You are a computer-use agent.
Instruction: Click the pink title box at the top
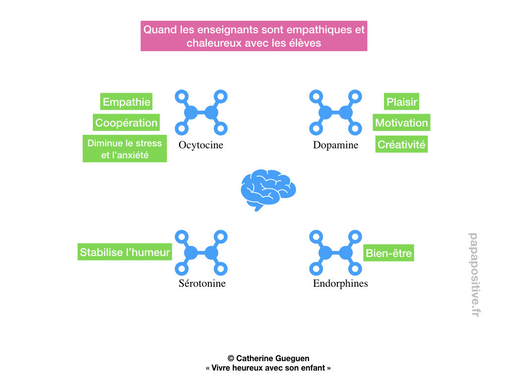[254, 36]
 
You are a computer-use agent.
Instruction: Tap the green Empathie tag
[126, 102]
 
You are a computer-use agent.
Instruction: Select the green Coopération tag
[126, 123]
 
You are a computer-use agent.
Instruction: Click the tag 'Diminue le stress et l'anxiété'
[125, 148]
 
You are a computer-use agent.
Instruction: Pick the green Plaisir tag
[402, 102]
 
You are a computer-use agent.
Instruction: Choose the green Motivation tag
[401, 123]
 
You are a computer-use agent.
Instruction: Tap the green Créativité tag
[401, 144]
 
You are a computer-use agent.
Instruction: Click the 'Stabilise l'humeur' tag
[125, 252]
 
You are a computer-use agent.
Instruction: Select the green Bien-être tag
[388, 253]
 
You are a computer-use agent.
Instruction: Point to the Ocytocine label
[201, 145]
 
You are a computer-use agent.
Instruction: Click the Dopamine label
[335, 145]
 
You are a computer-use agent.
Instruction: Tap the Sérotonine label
[202, 284]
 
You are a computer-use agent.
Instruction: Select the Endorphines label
[340, 284]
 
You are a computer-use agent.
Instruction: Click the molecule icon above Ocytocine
[201, 113]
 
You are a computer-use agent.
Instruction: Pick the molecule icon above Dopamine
[335, 113]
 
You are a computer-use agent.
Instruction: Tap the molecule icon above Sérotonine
[201, 253]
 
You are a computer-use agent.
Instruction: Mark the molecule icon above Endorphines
[335, 253]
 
